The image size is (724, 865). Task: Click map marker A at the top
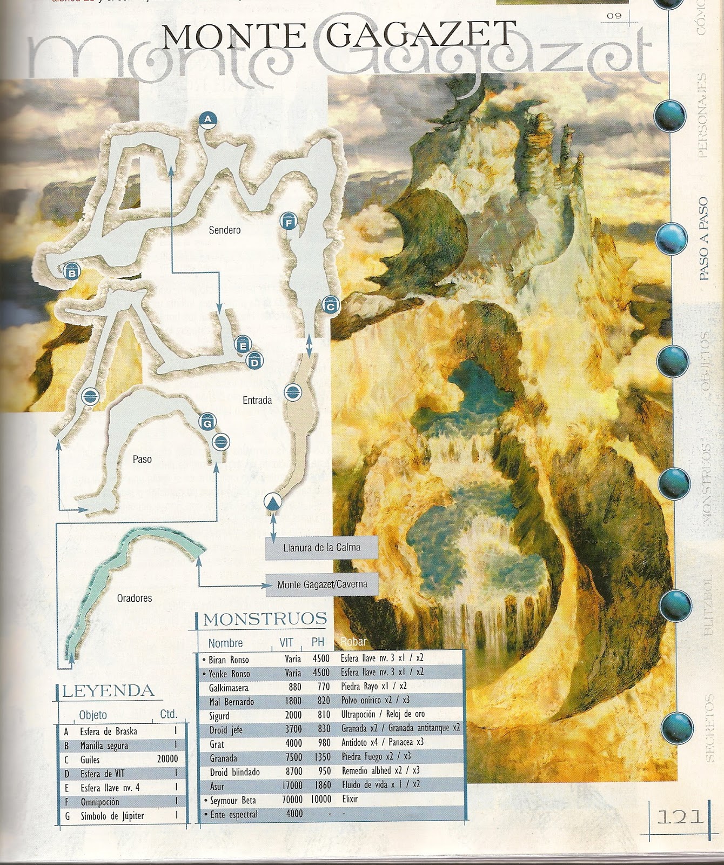tap(207, 120)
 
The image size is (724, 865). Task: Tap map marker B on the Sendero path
tap(71, 272)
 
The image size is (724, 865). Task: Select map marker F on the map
tap(289, 222)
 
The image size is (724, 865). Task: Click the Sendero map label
tap(225, 230)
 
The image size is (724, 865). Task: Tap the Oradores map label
tap(135, 598)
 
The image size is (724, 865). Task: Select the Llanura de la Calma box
tap(321, 548)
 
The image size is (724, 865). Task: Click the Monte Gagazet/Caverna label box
tap(322, 584)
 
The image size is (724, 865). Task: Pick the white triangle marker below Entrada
tap(273, 502)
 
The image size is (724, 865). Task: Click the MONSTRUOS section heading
tap(265, 619)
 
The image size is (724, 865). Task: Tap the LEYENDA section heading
tap(108, 691)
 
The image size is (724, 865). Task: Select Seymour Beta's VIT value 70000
tap(292, 800)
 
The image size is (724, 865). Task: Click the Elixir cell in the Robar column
tap(350, 799)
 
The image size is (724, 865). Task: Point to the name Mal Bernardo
tap(231, 702)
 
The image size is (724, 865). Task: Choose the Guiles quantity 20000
tap(167, 759)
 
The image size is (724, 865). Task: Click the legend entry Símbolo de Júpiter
tap(112, 816)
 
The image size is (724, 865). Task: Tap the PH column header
tap(318, 642)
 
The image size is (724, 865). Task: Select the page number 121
tap(680, 816)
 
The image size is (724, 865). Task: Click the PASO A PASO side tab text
tap(703, 238)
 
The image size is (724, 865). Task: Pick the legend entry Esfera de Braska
tap(109, 731)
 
